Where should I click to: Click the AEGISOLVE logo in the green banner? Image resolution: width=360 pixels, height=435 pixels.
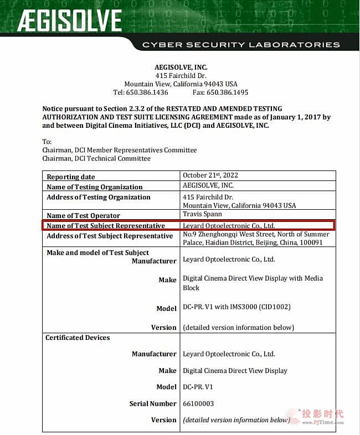click(69, 21)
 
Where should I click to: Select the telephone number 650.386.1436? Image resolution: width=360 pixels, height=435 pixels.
click(148, 92)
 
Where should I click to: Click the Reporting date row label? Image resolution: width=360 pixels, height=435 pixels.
click(70, 177)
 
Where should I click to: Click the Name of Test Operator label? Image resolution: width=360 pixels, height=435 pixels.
click(83, 216)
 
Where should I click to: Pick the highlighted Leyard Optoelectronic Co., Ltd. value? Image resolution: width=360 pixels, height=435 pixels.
click(229, 226)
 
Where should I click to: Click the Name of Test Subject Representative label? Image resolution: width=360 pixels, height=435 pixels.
click(106, 226)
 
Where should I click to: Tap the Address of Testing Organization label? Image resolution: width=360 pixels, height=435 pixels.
click(98, 197)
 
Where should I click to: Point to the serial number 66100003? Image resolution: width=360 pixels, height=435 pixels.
click(198, 403)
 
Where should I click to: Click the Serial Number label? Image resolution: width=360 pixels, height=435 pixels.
click(153, 403)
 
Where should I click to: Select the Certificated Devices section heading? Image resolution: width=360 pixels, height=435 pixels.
click(78, 338)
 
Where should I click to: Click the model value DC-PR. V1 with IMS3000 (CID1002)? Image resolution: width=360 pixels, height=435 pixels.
click(236, 307)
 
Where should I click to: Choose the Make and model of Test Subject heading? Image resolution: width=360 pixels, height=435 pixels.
click(97, 253)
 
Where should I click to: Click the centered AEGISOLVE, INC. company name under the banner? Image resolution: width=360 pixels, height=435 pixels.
click(181, 68)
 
